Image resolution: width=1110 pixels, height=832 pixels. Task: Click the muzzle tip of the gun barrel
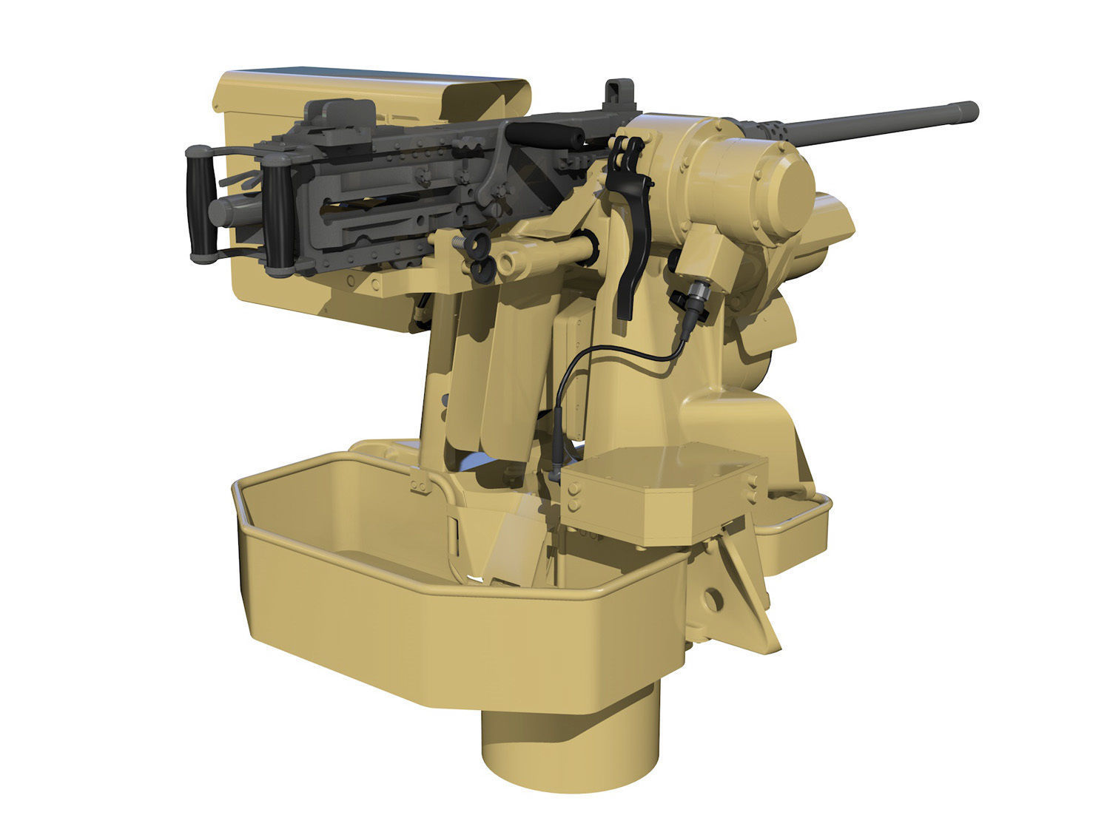tap(970, 112)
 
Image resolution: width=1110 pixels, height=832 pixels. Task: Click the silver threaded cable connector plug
tap(696, 296)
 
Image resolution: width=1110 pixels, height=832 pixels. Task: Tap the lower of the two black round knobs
tap(480, 269)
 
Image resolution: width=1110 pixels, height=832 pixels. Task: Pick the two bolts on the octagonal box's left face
tap(573, 497)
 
